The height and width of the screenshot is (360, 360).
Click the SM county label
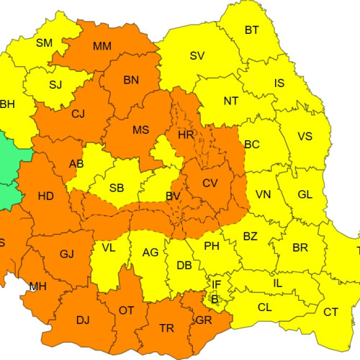pyautogui.click(x=44, y=43)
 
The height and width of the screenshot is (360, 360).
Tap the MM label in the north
pyautogui.click(x=102, y=47)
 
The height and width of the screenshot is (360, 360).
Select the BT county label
pyautogui.click(x=252, y=30)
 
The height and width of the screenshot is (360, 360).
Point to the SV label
pyautogui.click(x=197, y=56)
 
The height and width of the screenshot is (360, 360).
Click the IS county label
pyautogui.click(x=279, y=84)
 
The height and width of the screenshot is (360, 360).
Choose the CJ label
pyautogui.click(x=78, y=113)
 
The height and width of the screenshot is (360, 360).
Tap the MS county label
pyautogui.click(x=140, y=130)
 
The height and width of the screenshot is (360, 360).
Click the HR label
pyautogui.click(x=186, y=135)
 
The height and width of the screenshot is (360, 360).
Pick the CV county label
pyautogui.click(x=210, y=184)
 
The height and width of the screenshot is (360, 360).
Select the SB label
pyautogui.click(x=117, y=189)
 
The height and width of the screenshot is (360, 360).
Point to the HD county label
pyautogui.click(x=46, y=196)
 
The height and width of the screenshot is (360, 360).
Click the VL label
pyautogui.click(x=109, y=248)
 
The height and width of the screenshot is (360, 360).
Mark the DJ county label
pyautogui.click(x=84, y=319)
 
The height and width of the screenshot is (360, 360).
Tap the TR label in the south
pyautogui.click(x=166, y=328)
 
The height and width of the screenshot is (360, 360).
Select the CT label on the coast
pyautogui.click(x=330, y=312)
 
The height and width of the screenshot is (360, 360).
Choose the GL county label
pyautogui.click(x=305, y=194)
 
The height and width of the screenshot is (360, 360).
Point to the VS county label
pyautogui.click(x=305, y=137)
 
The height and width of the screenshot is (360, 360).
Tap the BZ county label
pyautogui.click(x=250, y=236)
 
